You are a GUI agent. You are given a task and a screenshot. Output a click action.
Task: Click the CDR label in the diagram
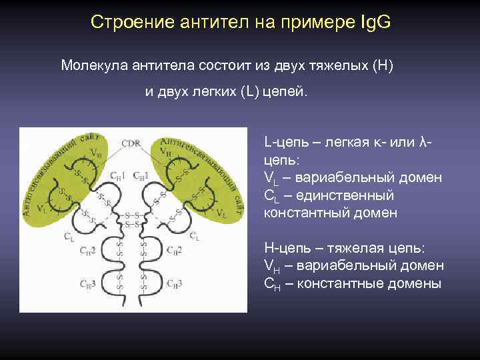(x=131, y=143)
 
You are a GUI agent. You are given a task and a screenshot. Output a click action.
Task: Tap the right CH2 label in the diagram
(x=175, y=251)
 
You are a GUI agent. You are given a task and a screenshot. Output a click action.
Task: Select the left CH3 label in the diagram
(x=88, y=284)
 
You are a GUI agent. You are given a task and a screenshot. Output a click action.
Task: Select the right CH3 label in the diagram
(x=175, y=284)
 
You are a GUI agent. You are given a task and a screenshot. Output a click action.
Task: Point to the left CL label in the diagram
(x=69, y=236)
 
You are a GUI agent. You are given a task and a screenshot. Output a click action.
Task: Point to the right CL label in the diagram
(x=194, y=236)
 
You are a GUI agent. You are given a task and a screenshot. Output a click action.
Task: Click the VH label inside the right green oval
(x=165, y=151)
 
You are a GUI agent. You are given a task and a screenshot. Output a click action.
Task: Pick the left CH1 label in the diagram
(x=119, y=176)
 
